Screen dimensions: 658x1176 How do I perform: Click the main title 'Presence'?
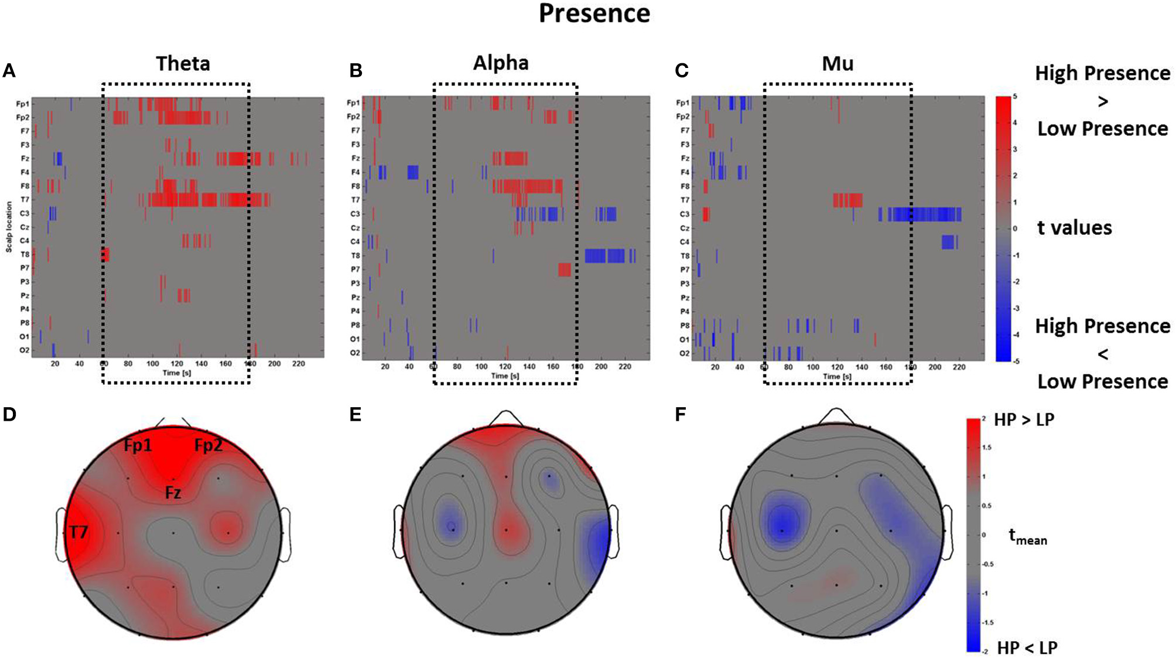[594, 14]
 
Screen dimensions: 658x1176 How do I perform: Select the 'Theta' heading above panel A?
[183, 63]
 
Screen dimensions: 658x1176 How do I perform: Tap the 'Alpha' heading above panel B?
[501, 63]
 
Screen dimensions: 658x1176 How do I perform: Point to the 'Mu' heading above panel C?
[837, 63]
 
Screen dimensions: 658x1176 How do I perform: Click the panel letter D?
[9, 414]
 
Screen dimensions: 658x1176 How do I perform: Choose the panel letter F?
[680, 414]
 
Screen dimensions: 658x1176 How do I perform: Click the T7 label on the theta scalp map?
[78, 532]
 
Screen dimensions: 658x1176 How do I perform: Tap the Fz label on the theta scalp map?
[173, 493]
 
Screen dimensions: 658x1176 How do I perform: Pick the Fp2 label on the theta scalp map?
[208, 446]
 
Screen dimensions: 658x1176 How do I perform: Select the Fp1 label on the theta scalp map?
[138, 446]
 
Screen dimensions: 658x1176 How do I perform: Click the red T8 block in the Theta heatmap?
[105, 254]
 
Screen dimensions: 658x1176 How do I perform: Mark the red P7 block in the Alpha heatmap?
[564, 270]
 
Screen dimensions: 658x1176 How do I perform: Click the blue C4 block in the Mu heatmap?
[948, 241]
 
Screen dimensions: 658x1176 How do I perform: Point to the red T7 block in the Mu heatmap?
[847, 200]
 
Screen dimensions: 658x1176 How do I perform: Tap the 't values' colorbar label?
[1074, 227]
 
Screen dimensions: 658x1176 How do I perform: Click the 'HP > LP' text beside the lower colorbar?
[1024, 420]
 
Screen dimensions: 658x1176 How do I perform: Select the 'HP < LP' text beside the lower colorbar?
[1027, 647]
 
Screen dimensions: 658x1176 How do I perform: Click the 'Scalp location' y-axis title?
[9, 227]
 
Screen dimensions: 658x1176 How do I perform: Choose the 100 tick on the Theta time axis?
[152, 364]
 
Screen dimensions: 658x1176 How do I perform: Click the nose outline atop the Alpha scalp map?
[505, 418]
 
